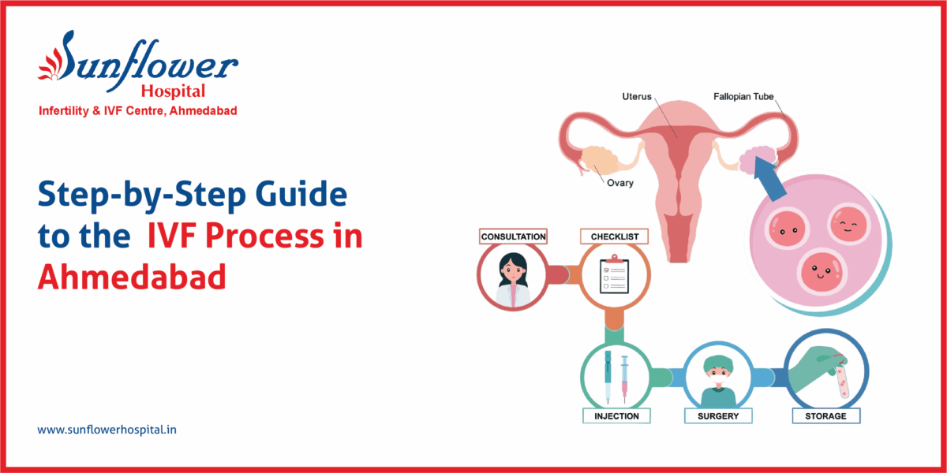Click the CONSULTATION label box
click(513, 236)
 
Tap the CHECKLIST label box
click(614, 236)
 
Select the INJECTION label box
click(616, 415)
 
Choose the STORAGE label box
click(826, 415)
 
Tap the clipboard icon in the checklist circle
click(615, 277)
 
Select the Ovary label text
click(619, 184)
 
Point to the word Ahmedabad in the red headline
click(132, 277)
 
